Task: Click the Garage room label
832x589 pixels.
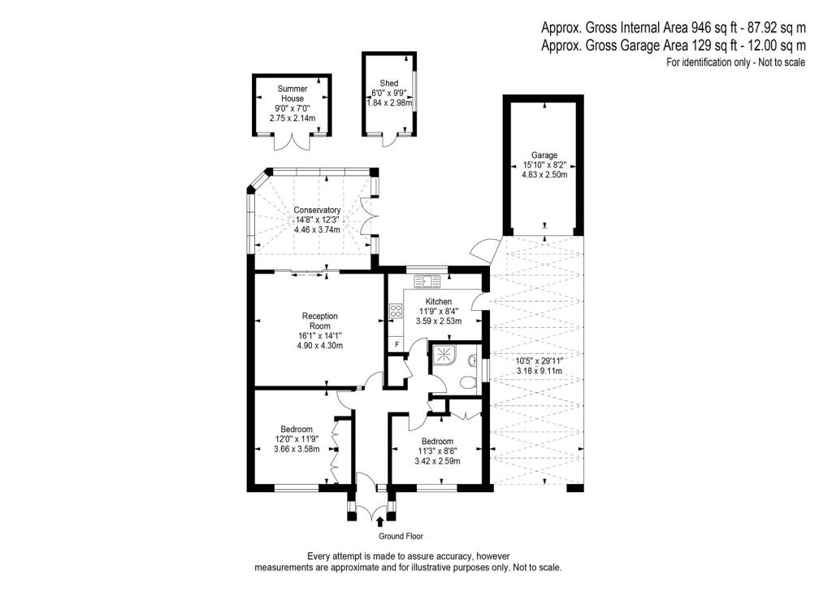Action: [x=544, y=155]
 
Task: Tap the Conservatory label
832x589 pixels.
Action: [x=318, y=210]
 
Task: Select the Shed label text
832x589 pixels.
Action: [x=389, y=83]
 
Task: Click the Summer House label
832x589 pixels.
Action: [x=292, y=94]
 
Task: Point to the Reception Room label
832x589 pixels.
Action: [x=320, y=321]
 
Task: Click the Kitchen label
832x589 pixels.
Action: [x=439, y=302]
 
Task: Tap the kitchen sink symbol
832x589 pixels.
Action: [x=427, y=281]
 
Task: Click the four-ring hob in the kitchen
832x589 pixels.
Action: [x=396, y=310]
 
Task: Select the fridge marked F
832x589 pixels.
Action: [x=396, y=345]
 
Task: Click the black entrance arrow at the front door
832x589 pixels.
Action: [x=379, y=522]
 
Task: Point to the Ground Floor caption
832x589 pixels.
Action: [x=401, y=536]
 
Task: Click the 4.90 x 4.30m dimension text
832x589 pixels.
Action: [x=320, y=345]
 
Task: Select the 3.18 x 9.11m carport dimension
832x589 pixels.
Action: [x=539, y=371]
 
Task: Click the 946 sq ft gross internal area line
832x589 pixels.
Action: [x=674, y=27]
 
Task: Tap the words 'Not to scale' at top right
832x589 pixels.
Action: [x=782, y=62]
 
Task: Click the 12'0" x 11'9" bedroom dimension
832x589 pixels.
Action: [x=297, y=439]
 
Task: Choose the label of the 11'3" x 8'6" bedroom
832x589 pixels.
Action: [x=437, y=442]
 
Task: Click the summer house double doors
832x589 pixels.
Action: [x=292, y=142]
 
